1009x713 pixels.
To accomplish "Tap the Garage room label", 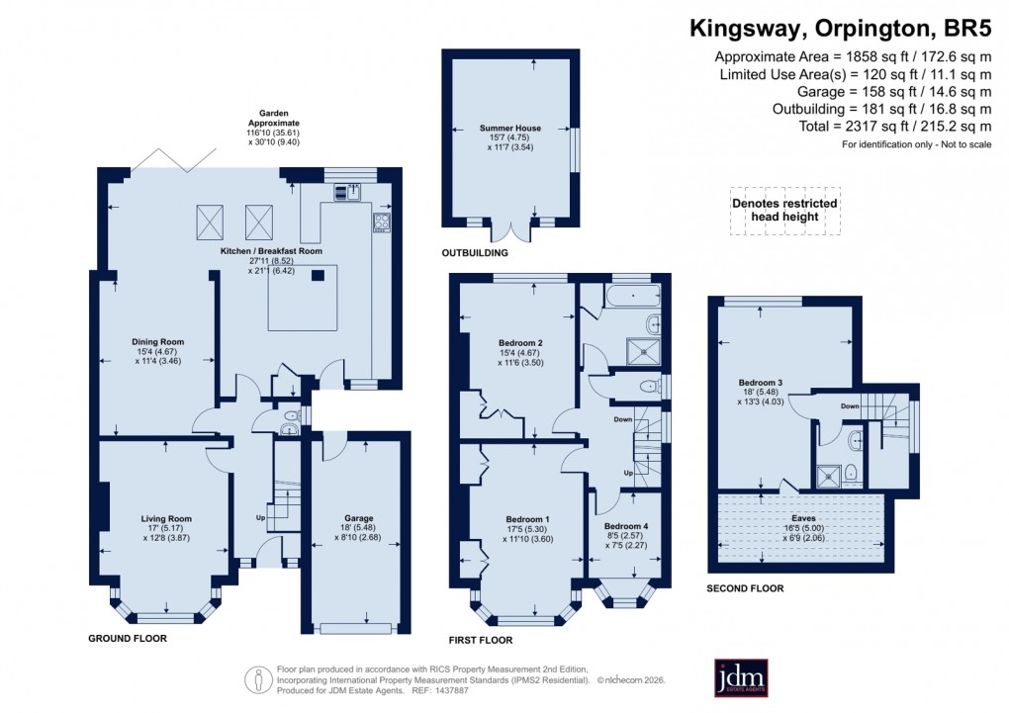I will pos(359,517).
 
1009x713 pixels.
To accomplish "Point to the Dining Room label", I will pos(158,342).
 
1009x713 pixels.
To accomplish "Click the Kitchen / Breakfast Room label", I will pos(271,252).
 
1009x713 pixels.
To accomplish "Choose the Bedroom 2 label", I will pos(519,342).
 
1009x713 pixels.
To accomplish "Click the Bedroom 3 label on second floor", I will pos(762,383).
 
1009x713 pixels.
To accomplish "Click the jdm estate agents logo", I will pos(741,677).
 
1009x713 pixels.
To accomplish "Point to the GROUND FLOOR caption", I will pos(128,639).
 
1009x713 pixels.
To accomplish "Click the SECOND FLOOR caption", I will pos(745,588).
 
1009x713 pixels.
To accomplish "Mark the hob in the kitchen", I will pos(381,223).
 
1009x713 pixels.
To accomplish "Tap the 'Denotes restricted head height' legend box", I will pos(784,211).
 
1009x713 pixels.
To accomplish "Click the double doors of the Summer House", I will pos(514,230).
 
